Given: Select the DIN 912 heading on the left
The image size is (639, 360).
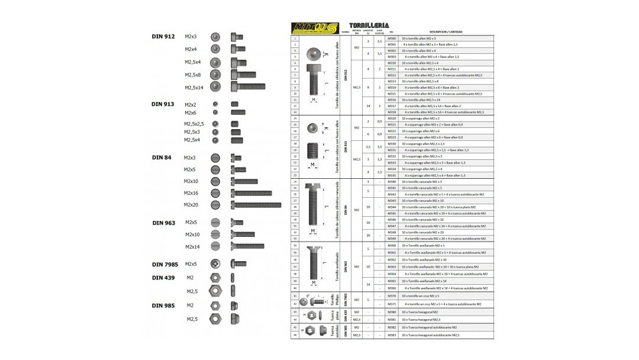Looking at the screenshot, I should click(163, 37).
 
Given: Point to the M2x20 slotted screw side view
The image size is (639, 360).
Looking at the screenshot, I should click(257, 205).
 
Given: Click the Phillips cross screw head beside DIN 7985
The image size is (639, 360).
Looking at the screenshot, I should click(215, 263).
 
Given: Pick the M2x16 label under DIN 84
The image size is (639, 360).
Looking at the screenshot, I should click(191, 193).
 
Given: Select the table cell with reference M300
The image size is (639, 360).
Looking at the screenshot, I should click(392, 38).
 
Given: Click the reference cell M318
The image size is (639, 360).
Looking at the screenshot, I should click(392, 112).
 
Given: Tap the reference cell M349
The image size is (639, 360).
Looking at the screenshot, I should click(392, 239).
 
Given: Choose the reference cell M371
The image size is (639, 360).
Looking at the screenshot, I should click(392, 304).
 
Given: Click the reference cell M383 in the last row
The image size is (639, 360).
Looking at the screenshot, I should click(392, 335).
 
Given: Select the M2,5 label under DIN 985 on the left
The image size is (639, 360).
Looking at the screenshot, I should click(192, 319).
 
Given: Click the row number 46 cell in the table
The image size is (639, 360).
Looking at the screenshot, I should click(295, 335).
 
